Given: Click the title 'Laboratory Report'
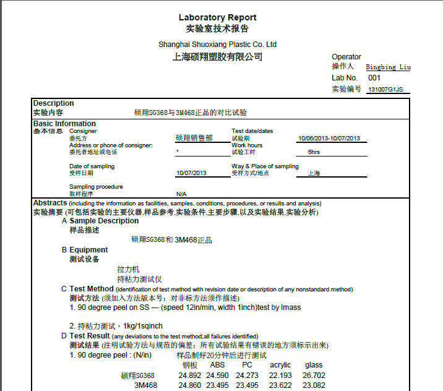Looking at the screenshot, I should click(217, 17).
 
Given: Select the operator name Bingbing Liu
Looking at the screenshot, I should click(388, 67).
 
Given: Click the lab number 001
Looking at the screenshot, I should click(374, 78).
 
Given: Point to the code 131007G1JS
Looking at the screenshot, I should click(385, 90).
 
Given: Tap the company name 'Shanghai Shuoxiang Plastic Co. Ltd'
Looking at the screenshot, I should click(217, 45).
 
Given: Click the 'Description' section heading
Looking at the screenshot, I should click(53, 103).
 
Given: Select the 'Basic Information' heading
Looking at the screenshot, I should click(64, 124).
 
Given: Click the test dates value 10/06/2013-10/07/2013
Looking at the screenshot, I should click(329, 139).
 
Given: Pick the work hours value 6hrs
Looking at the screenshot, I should click(314, 152).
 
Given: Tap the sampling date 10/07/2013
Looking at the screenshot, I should click(191, 173).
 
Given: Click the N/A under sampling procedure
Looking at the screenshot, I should click(181, 194).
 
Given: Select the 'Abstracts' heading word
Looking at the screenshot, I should click(49, 203).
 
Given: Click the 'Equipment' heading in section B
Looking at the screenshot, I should click(88, 250).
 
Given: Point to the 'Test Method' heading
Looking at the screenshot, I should click(92, 289).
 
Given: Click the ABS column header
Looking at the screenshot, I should click(217, 365).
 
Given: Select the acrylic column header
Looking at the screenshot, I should click(280, 365).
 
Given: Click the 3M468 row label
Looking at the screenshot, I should click(145, 385).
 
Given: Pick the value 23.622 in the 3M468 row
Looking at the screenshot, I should click(280, 385).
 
